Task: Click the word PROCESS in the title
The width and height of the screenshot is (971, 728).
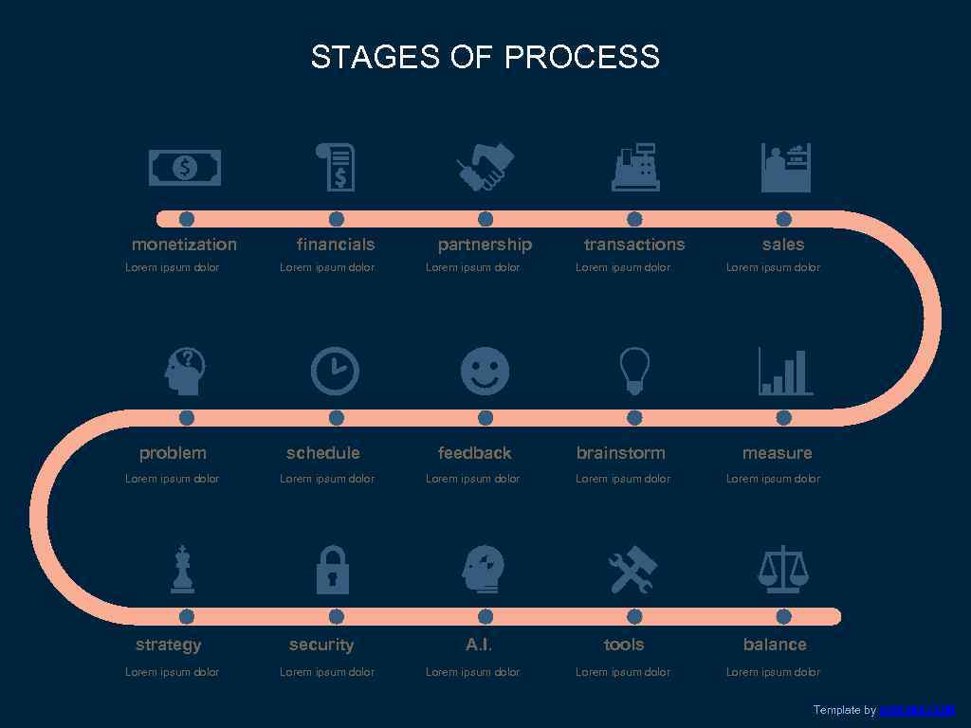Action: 581,57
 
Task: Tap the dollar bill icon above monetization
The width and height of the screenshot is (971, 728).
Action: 185,169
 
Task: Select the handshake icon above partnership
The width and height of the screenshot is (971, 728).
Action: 485,167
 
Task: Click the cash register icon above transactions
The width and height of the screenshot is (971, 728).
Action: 635,167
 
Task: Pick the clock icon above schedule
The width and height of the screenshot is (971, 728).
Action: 336,371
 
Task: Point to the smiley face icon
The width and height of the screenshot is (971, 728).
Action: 485,371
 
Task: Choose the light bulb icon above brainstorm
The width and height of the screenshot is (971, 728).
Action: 634,370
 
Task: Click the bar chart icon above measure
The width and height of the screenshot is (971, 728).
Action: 785,371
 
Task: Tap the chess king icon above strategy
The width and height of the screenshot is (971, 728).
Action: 182,570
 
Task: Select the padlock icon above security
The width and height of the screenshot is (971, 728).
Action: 332,570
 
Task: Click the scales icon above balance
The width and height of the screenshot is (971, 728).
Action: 783,570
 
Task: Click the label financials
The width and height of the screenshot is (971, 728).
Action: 336,245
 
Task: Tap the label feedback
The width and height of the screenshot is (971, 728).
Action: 474,453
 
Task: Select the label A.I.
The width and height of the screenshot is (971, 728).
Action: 479,645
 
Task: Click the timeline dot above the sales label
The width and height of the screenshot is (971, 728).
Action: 783,219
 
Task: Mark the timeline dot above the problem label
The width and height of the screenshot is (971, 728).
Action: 187,418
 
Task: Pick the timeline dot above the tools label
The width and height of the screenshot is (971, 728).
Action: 634,617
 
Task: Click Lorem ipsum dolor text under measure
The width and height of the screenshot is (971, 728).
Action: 773,479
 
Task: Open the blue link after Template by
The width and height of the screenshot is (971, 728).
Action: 916,710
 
